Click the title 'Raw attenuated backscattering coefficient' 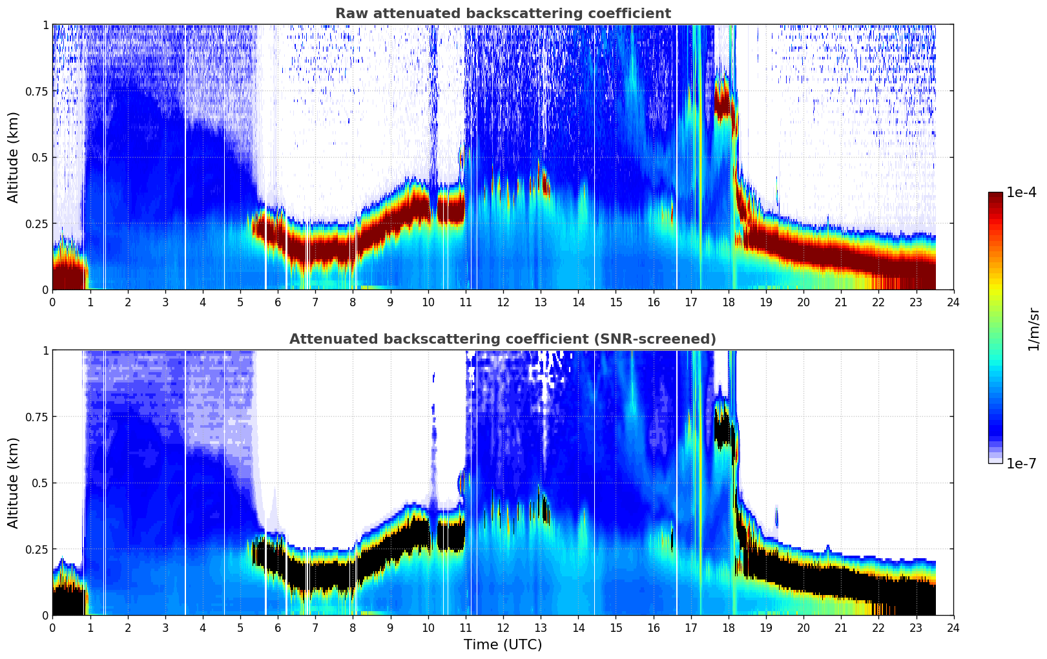pyautogui.click(x=503, y=14)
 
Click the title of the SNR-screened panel pyautogui.click(x=503, y=339)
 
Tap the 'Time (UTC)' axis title pyautogui.click(x=503, y=645)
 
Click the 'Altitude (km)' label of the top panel pyautogui.click(x=14, y=157)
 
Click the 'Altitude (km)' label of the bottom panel pyautogui.click(x=14, y=483)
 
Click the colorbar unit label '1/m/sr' pyautogui.click(x=1033, y=329)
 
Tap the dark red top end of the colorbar pyautogui.click(x=995, y=195)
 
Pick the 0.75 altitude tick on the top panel pyautogui.click(x=37, y=91)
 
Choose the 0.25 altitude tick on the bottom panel pyautogui.click(x=37, y=549)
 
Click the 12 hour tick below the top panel pyautogui.click(x=503, y=302)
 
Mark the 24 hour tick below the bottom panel pyautogui.click(x=953, y=628)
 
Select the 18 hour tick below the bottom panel pyautogui.click(x=728, y=628)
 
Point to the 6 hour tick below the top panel pyautogui.click(x=278, y=302)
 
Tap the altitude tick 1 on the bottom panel pyautogui.click(x=45, y=350)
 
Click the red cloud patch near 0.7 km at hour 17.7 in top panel pyautogui.click(x=723, y=103)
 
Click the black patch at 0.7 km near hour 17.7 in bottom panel pyautogui.click(x=723, y=429)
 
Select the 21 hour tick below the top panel pyautogui.click(x=840, y=302)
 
